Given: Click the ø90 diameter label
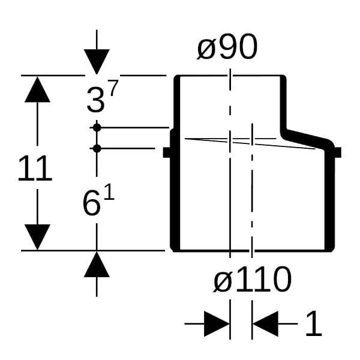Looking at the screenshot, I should tap(227, 48).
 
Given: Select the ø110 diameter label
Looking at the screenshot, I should tap(252, 280).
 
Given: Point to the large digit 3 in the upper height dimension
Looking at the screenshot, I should tap(95, 100).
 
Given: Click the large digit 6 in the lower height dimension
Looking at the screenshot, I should tap(91, 204).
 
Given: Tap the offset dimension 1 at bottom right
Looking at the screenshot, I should tap(313, 325).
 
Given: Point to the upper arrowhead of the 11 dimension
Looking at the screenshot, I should tap(37, 89).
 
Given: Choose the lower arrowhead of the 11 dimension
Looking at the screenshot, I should tap(37, 236).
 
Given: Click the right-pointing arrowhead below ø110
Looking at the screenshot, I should tap(217, 325).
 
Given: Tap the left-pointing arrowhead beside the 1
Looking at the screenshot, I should tap(265, 325).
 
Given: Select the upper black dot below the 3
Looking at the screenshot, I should tap(97, 127).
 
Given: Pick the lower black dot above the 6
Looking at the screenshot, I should tap(97, 148).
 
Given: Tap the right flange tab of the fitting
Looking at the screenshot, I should tap(337, 152).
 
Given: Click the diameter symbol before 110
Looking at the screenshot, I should tap(222, 281).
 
